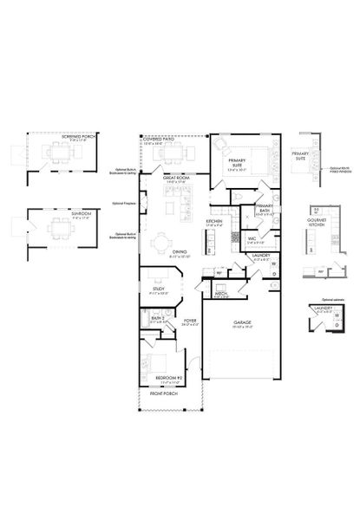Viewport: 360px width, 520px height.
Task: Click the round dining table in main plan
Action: [162, 244]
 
